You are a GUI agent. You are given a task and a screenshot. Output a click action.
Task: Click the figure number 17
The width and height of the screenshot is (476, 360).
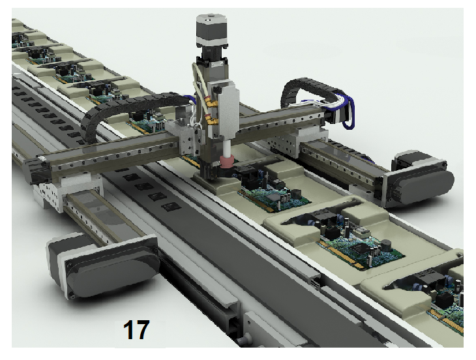click(136, 329)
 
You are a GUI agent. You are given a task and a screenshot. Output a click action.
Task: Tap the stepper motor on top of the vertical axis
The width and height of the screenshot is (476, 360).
click(212, 31)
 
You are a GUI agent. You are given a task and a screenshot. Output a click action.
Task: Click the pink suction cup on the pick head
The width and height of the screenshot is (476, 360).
click(228, 161)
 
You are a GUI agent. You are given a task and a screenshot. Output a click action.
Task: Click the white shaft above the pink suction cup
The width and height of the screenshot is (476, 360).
click(227, 147)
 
